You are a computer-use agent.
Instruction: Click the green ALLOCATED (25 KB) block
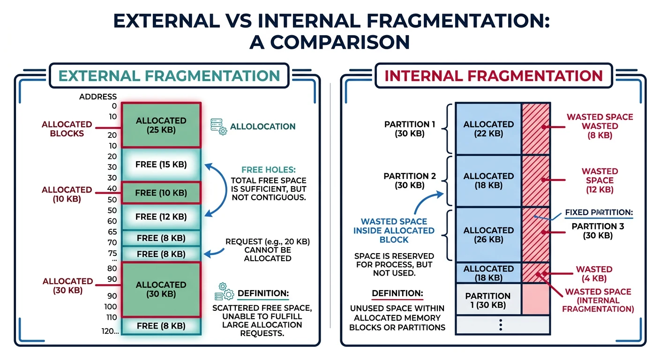pyautogui.click(x=161, y=125)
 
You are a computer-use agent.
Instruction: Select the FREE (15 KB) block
pyautogui.click(x=161, y=165)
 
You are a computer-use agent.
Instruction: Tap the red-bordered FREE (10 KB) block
pyautogui.click(x=161, y=193)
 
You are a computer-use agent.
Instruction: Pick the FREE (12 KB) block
pyautogui.click(x=161, y=217)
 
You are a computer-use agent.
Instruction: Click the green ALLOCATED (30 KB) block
pyautogui.click(x=161, y=289)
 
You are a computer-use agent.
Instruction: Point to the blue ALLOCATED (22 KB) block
pyautogui.click(x=488, y=128)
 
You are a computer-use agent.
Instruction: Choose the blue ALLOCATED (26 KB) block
pyautogui.click(x=488, y=234)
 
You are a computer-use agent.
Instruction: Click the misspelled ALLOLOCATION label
pyautogui.click(x=262, y=127)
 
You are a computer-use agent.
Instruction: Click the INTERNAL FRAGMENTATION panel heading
pyautogui.click(x=493, y=75)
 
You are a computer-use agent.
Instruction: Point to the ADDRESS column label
pyautogui.click(x=98, y=97)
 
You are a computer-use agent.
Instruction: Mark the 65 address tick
pyautogui.click(x=112, y=232)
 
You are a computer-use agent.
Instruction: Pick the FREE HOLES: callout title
pyautogui.click(x=268, y=170)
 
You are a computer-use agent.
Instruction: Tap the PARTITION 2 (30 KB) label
pyautogui.click(x=410, y=180)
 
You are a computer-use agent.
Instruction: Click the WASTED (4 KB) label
pyautogui.click(x=594, y=274)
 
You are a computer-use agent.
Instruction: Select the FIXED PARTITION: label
pyautogui.click(x=599, y=213)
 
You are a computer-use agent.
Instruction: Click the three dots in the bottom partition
pyautogui.click(x=501, y=325)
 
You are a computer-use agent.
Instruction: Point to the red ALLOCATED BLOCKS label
pyautogui.click(x=67, y=128)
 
